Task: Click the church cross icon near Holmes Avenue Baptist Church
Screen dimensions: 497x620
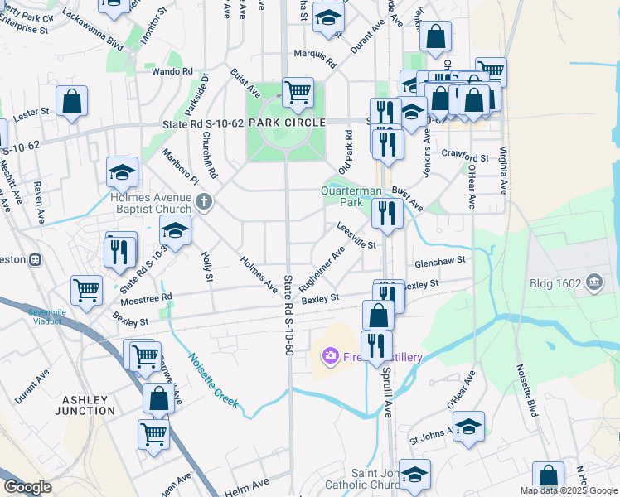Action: (x=204, y=200)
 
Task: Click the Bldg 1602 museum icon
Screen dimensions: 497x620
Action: (x=593, y=284)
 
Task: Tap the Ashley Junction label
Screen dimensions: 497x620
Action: (x=88, y=405)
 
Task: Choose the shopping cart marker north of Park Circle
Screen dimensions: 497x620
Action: (x=298, y=93)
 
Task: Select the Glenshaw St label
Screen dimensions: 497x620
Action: (x=441, y=261)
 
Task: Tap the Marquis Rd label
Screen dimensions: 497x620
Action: (x=316, y=57)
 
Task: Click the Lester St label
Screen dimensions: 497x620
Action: (x=32, y=110)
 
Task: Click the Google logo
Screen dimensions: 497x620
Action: (x=28, y=487)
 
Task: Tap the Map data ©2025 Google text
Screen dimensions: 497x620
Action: (x=568, y=490)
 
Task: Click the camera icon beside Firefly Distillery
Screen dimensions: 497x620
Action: (x=331, y=356)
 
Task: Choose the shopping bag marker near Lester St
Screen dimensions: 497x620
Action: (x=72, y=101)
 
